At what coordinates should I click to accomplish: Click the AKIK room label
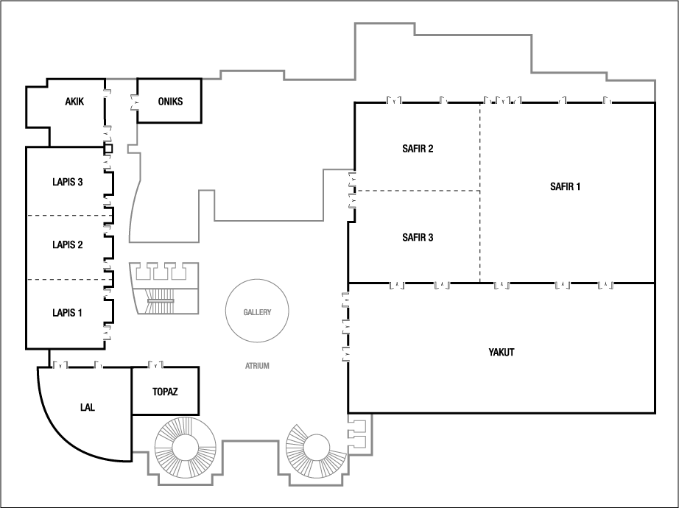pyautogui.click(x=74, y=102)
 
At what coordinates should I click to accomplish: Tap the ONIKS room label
pyautogui.click(x=170, y=102)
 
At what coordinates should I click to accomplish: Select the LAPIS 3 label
pyautogui.click(x=68, y=182)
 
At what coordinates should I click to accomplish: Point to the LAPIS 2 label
pyautogui.click(x=68, y=244)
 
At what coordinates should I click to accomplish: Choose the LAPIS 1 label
pyautogui.click(x=67, y=313)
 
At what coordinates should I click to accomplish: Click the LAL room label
pyautogui.click(x=88, y=407)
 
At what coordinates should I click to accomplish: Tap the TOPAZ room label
pyautogui.click(x=165, y=392)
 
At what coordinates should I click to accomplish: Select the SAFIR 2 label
pyautogui.click(x=418, y=149)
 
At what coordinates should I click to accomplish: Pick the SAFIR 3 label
pyautogui.click(x=418, y=237)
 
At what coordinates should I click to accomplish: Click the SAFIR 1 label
pyautogui.click(x=565, y=187)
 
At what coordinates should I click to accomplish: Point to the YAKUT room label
pyautogui.click(x=502, y=352)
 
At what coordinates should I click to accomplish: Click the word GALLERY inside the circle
pyautogui.click(x=257, y=312)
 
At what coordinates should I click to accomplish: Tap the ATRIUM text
pyautogui.click(x=257, y=366)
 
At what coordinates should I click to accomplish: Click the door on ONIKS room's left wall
pyautogui.click(x=135, y=102)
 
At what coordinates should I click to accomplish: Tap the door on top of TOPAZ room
pyautogui.click(x=155, y=364)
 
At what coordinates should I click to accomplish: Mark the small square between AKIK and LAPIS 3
pyautogui.click(x=108, y=149)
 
